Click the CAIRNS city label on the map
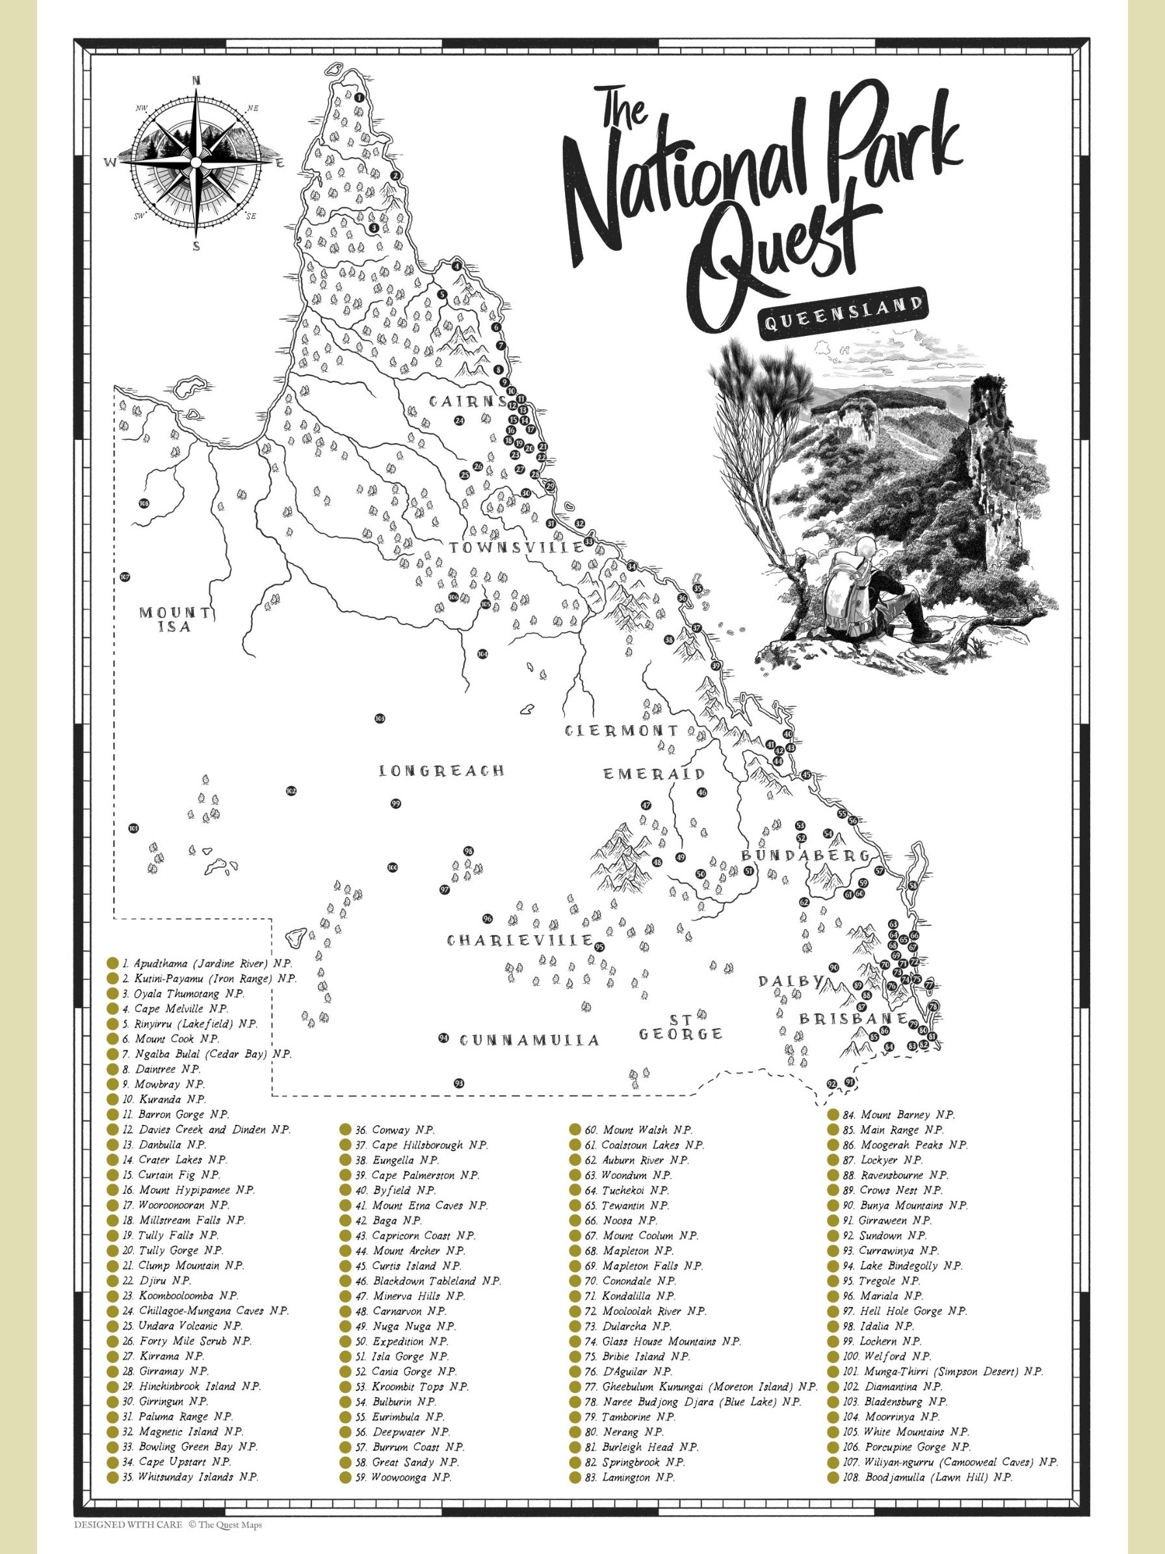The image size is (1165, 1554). coord(467,402)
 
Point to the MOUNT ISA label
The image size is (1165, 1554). coord(174,619)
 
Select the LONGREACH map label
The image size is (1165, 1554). coord(442,771)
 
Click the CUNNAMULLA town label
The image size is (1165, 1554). coord(530,1040)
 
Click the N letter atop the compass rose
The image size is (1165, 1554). coord(196,80)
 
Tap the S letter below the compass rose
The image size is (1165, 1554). coord(196,246)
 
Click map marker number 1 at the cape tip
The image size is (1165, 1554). coord(358,97)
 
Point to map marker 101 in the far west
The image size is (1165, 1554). coord(133,828)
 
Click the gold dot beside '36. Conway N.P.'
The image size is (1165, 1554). coord(345,1130)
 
